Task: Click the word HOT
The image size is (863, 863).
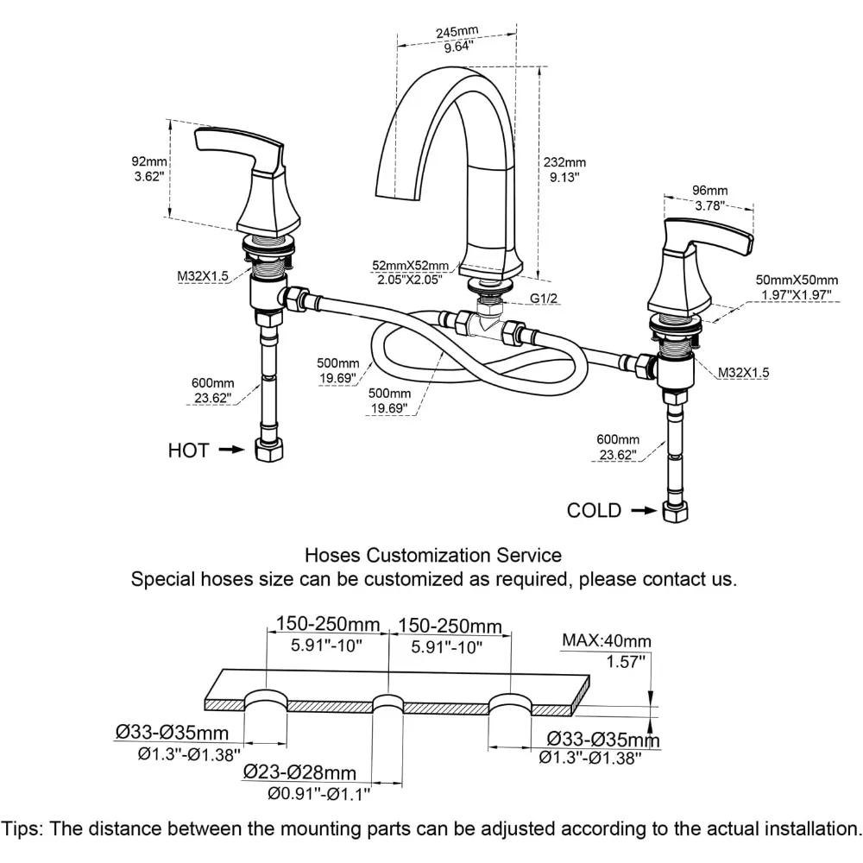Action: (187, 450)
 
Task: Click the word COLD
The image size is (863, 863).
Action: (594, 510)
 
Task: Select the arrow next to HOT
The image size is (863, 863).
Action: (229, 450)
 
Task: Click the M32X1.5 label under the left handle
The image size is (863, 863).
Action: (204, 276)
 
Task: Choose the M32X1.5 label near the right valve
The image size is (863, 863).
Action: (745, 372)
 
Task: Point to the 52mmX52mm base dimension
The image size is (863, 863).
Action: (411, 265)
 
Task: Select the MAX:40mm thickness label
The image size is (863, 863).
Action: (606, 640)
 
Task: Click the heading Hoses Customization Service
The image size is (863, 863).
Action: (433, 555)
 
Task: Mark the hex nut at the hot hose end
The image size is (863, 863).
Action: (266, 450)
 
